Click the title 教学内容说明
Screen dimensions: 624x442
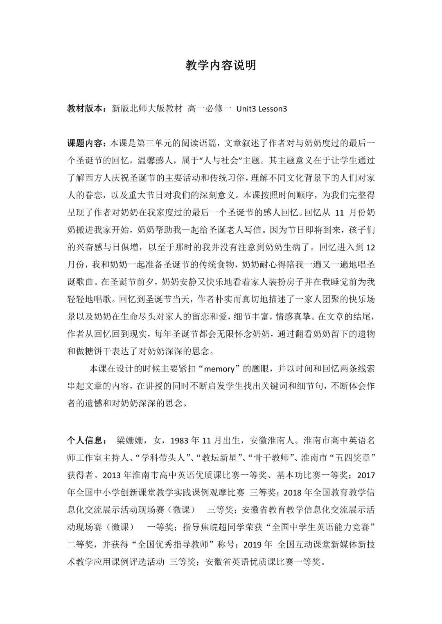tap(221, 65)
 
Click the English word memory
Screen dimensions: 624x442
tap(219, 369)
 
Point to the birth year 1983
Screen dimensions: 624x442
tap(178, 441)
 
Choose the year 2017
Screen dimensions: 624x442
tap(366, 475)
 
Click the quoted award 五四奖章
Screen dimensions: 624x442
tap(351, 458)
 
